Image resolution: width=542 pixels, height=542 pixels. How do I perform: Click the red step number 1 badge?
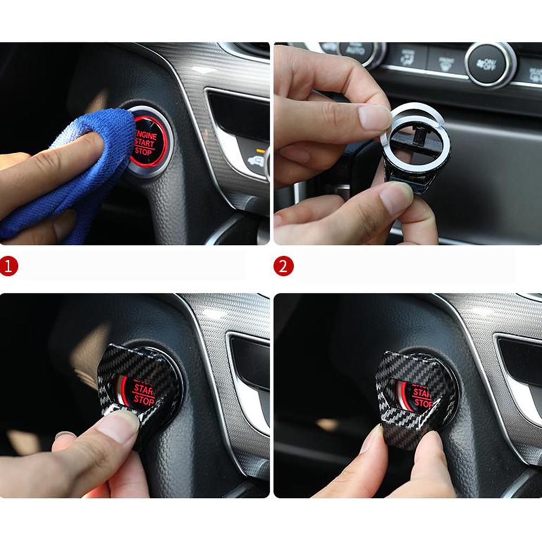9,266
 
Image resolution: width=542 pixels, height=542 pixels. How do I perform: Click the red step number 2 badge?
283,266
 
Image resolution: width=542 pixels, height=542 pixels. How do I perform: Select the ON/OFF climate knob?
490,64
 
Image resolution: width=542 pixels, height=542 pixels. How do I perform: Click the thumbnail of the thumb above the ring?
374,117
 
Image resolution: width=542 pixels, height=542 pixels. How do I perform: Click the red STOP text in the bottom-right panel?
421,403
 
